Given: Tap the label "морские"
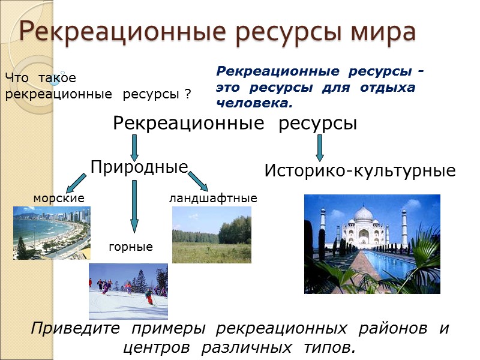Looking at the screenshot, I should pos(59,198).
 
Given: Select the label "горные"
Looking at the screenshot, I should pos(130,247).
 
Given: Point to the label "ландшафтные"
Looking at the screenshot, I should pos(213,198).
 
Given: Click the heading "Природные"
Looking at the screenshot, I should pos(139,167).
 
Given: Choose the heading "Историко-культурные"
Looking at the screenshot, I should pos(360,171).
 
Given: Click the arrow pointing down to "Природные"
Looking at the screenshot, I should pos(134,146).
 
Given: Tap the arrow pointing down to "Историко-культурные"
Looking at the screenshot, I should pos(320,146).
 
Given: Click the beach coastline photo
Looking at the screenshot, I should pos(52,233).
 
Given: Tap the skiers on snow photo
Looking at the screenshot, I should pos(128,291).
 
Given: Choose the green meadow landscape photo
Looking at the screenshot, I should pos(211,235).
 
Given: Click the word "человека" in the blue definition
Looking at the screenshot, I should pos(252,103).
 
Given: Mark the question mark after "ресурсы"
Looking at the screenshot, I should pos(188,94).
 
